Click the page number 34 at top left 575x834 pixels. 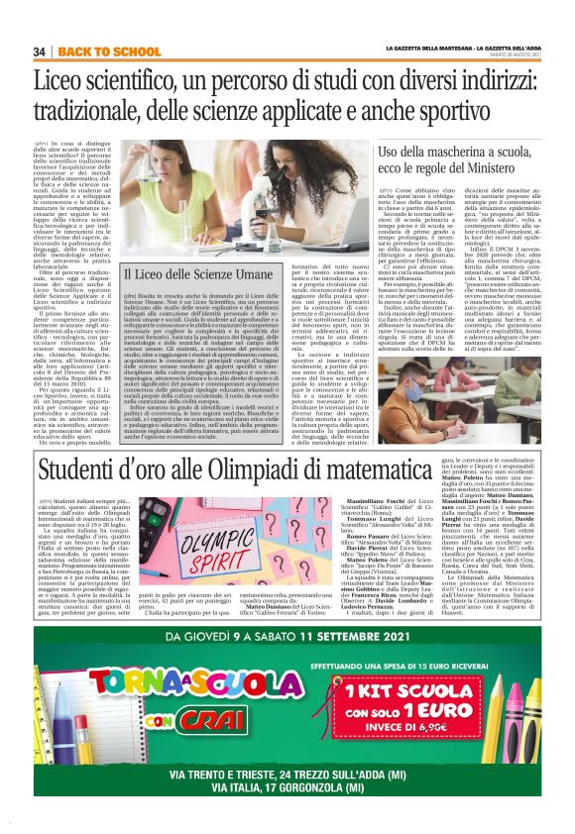pyautogui.click(x=40, y=52)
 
